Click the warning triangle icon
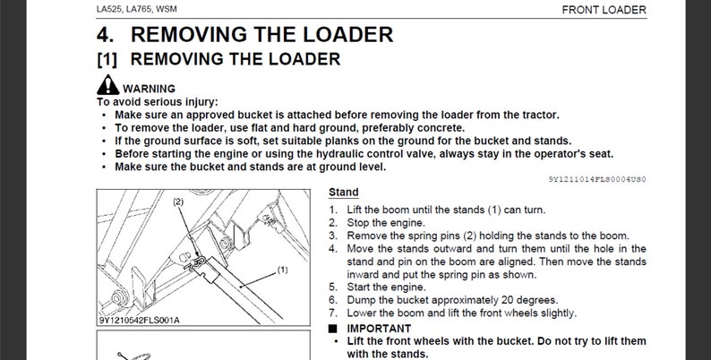point(107,87)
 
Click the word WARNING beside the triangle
point(149,89)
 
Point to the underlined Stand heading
point(344,192)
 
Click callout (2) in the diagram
point(177,202)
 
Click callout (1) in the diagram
point(281,268)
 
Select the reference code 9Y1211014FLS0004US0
point(597,179)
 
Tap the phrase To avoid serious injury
point(157,101)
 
